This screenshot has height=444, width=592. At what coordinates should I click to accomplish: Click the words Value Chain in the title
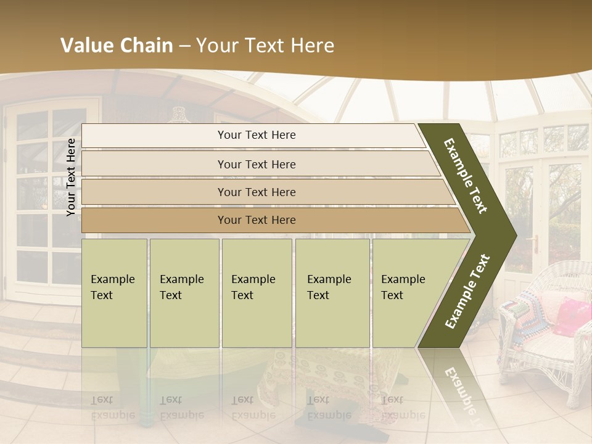[x=117, y=46]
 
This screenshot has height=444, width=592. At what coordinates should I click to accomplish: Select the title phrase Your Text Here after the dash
[x=265, y=46]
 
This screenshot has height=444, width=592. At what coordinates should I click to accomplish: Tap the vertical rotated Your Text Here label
[x=71, y=177]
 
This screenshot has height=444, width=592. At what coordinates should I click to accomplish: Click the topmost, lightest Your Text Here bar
[x=256, y=135]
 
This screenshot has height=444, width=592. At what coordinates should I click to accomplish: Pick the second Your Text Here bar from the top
[x=256, y=164]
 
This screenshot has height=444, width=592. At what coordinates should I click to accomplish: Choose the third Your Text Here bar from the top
[x=256, y=192]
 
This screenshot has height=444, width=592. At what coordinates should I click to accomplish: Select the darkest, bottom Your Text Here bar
[x=256, y=220]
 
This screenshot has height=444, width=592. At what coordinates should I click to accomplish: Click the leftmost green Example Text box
[x=114, y=293]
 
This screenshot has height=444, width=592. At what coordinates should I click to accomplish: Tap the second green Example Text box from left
[x=184, y=293]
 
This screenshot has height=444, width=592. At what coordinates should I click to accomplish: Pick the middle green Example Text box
[x=256, y=293]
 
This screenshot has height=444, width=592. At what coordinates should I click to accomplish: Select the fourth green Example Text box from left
[x=332, y=293]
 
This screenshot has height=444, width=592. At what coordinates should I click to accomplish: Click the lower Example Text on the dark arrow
[x=467, y=291]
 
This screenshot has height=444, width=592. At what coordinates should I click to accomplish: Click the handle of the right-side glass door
[x=536, y=244]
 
